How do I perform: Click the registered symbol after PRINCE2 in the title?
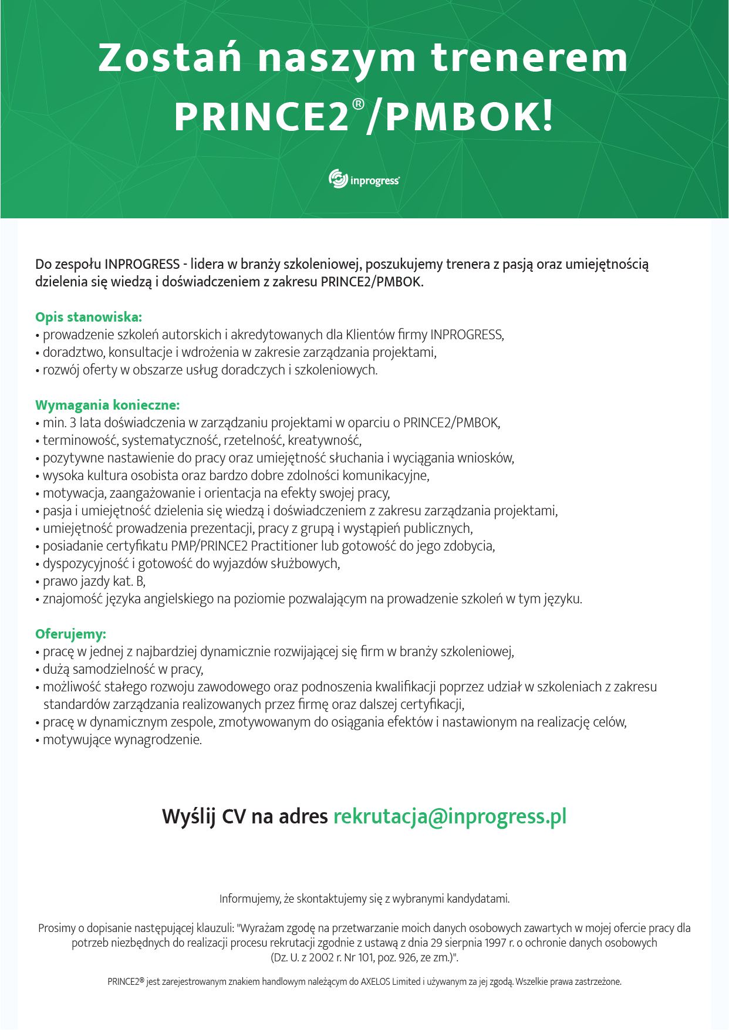[x=358, y=104]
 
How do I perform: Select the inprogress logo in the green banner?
[x=364, y=179]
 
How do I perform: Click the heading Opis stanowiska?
[x=89, y=317]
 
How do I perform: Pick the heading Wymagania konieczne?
[x=107, y=405]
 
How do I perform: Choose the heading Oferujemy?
[x=70, y=634]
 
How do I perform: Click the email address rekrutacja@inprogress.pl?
[x=450, y=816]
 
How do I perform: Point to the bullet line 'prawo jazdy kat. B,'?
[x=94, y=581]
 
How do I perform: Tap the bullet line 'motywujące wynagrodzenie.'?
[x=122, y=739]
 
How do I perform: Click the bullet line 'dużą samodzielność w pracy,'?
[x=123, y=669]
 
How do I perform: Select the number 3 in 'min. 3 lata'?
[x=73, y=423]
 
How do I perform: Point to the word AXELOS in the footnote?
[x=379, y=981]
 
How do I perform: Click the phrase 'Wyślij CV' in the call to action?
[x=204, y=816]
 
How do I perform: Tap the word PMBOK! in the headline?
[x=469, y=116]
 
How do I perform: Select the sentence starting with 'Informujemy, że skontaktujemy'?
[x=365, y=899]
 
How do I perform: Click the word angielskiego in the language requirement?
[x=180, y=599]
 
